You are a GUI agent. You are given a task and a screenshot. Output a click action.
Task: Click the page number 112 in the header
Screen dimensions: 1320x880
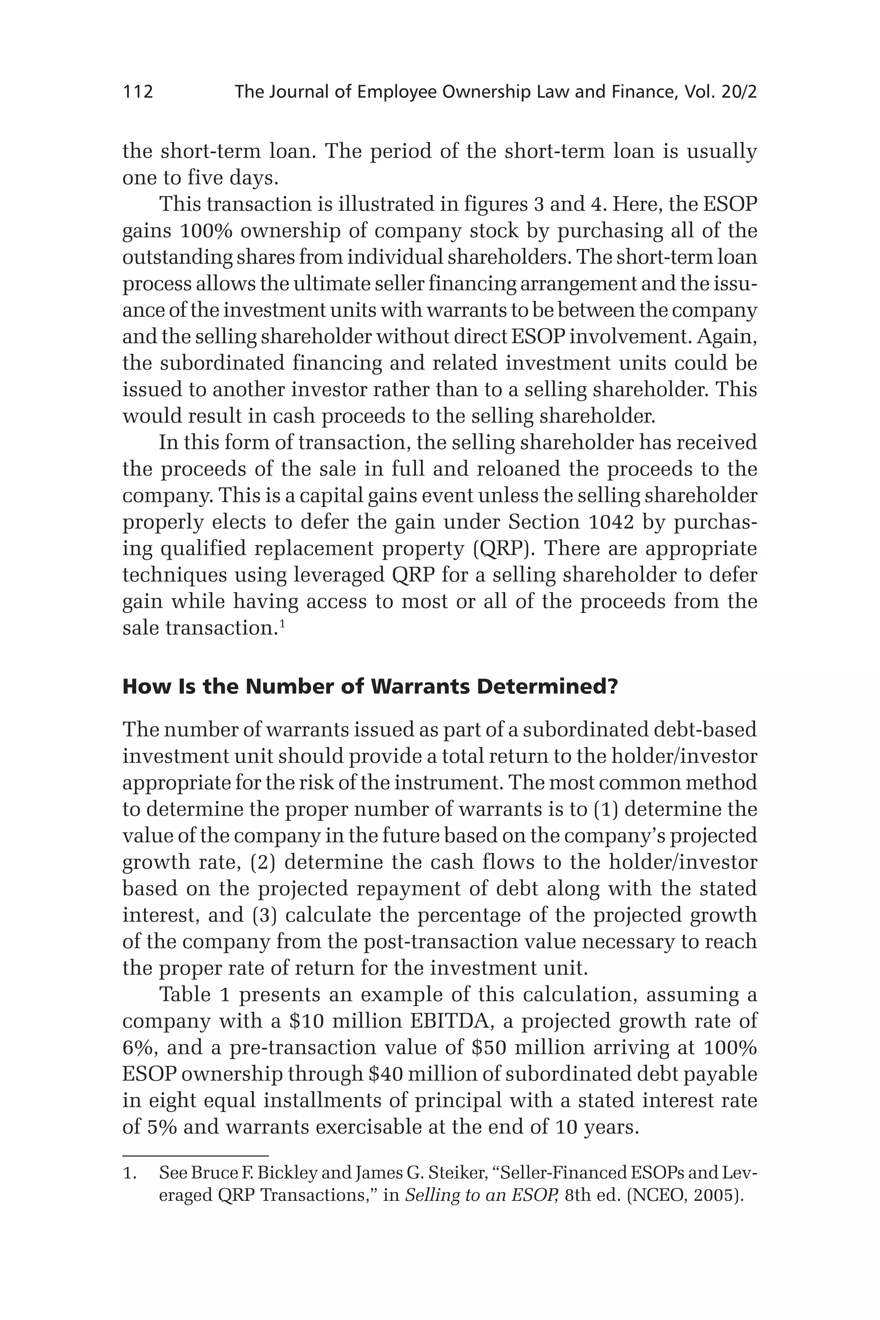tap(137, 92)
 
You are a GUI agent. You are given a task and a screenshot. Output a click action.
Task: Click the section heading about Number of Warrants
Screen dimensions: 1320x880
tap(370, 686)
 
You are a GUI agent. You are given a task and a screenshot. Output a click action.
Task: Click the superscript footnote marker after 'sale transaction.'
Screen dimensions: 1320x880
tap(282, 623)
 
